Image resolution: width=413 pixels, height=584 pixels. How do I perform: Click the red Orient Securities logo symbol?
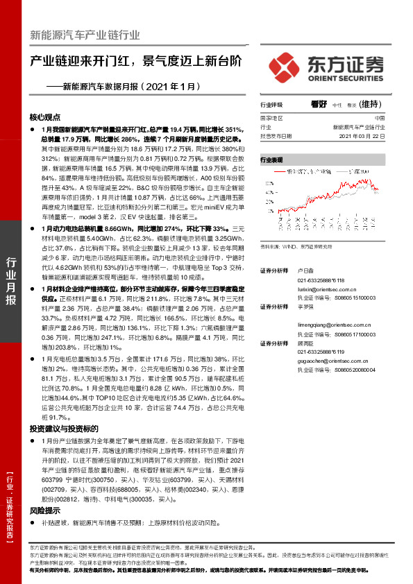(287, 65)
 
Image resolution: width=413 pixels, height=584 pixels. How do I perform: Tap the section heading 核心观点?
(45, 117)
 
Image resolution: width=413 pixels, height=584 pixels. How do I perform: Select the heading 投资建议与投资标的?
(64, 429)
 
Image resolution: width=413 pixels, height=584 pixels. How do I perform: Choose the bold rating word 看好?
(319, 104)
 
